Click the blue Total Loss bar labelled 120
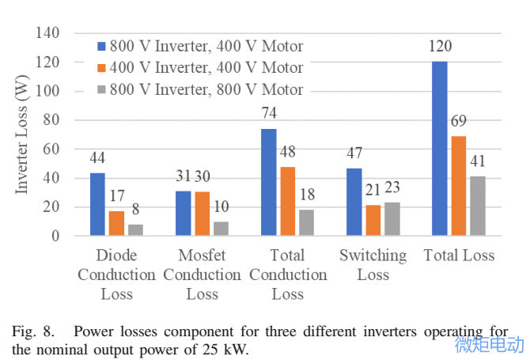[x=439, y=149]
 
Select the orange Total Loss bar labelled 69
[x=458, y=186]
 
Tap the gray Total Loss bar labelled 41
[x=477, y=206]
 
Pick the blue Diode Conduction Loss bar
[x=97, y=204]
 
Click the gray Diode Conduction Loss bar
[x=135, y=230]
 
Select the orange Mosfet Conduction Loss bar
[x=202, y=214]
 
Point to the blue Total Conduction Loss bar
[x=268, y=182]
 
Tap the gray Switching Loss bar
[x=392, y=219]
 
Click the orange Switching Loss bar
[x=373, y=221]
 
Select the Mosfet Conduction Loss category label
[x=202, y=275]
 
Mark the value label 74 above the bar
[x=268, y=112]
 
